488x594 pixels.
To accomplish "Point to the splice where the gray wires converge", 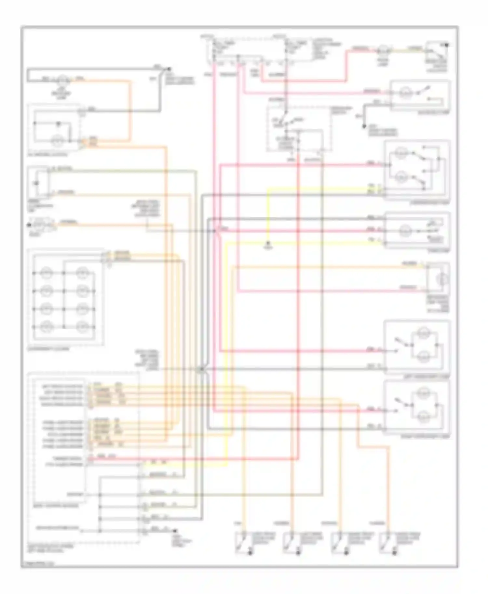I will click(x=201, y=369).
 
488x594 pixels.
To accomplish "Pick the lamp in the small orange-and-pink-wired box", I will click(x=442, y=279).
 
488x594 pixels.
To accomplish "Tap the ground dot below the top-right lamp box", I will click(x=364, y=126).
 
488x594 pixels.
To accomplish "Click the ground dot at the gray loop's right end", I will click(x=168, y=69).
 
